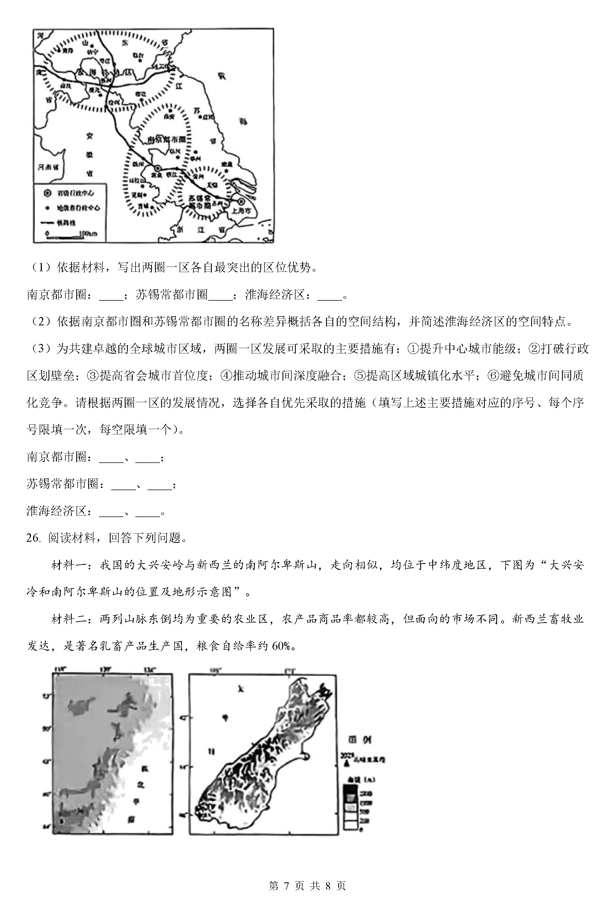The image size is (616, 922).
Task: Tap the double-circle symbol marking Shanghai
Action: click(241, 201)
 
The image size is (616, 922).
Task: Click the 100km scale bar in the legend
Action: click(71, 235)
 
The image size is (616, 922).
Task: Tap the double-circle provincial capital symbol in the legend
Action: click(47, 193)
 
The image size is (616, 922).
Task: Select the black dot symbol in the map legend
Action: click(47, 208)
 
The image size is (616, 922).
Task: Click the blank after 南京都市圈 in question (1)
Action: click(111, 295)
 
